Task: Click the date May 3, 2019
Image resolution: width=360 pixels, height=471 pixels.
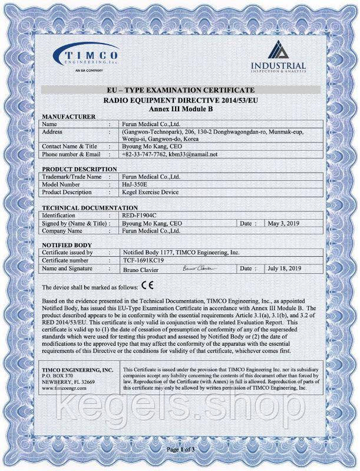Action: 284,224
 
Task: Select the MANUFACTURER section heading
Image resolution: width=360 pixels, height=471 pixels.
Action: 69,117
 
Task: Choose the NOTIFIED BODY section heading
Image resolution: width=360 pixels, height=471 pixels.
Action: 66,244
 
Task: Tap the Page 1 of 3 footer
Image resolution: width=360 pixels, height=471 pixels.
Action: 180,449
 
